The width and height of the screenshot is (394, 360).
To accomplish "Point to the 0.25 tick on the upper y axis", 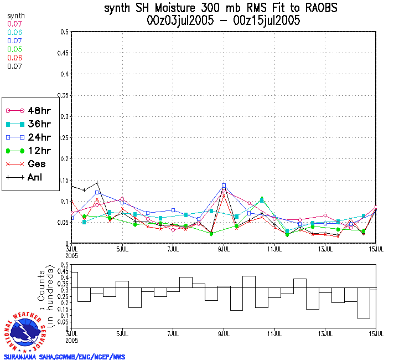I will (x=62, y=137).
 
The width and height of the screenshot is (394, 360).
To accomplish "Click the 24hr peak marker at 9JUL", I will (x=224, y=185).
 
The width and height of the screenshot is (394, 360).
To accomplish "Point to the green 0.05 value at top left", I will (x=15, y=49).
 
